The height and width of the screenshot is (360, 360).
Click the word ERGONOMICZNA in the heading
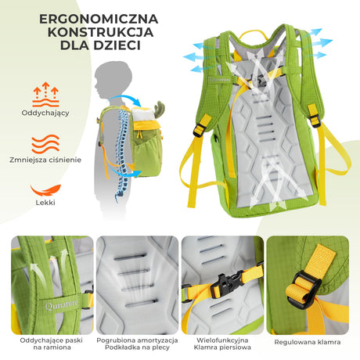[x=92, y=18]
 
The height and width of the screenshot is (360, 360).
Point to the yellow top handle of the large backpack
[x=250, y=36]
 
